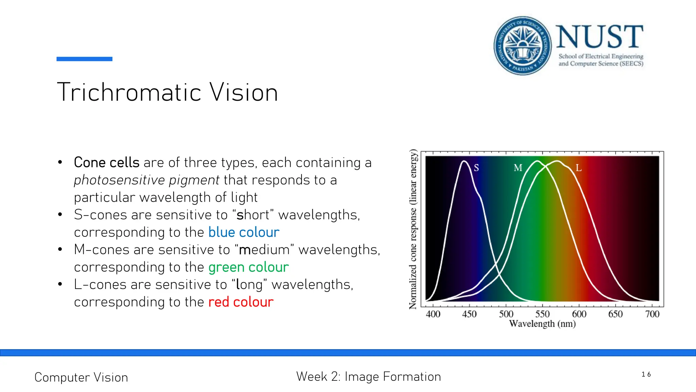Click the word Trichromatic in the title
(x=129, y=92)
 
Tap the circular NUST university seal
(x=522, y=46)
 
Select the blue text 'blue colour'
(x=244, y=232)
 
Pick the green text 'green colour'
(x=248, y=267)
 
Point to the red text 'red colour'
(x=241, y=302)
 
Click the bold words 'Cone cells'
(x=107, y=163)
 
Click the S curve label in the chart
(x=476, y=168)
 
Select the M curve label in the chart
(x=518, y=168)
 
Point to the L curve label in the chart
(x=578, y=168)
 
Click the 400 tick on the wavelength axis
(x=433, y=314)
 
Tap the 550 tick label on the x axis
(x=542, y=314)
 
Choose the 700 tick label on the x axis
(x=652, y=314)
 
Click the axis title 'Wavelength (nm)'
(x=542, y=324)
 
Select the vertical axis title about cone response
(x=413, y=229)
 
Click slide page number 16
(x=646, y=374)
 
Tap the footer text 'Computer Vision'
(x=81, y=377)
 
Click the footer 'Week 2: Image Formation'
(x=368, y=377)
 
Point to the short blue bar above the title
(x=84, y=59)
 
